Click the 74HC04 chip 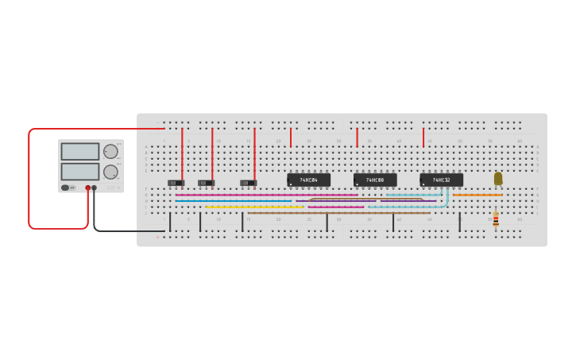(308, 180)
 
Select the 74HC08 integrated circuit (375, 180)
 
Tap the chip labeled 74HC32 (441, 180)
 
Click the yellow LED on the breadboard (498, 178)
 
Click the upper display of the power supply (80, 151)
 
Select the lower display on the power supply (80, 171)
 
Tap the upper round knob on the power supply (110, 151)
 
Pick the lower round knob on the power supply (110, 172)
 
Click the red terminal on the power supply (87, 188)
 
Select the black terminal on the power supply (95, 188)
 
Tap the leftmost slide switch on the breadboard (176, 184)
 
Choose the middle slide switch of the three (206, 184)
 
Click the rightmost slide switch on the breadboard (248, 184)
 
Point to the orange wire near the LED (477, 195)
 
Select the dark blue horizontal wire (230, 201)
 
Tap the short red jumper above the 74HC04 (291, 137)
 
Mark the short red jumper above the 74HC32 (423, 137)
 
